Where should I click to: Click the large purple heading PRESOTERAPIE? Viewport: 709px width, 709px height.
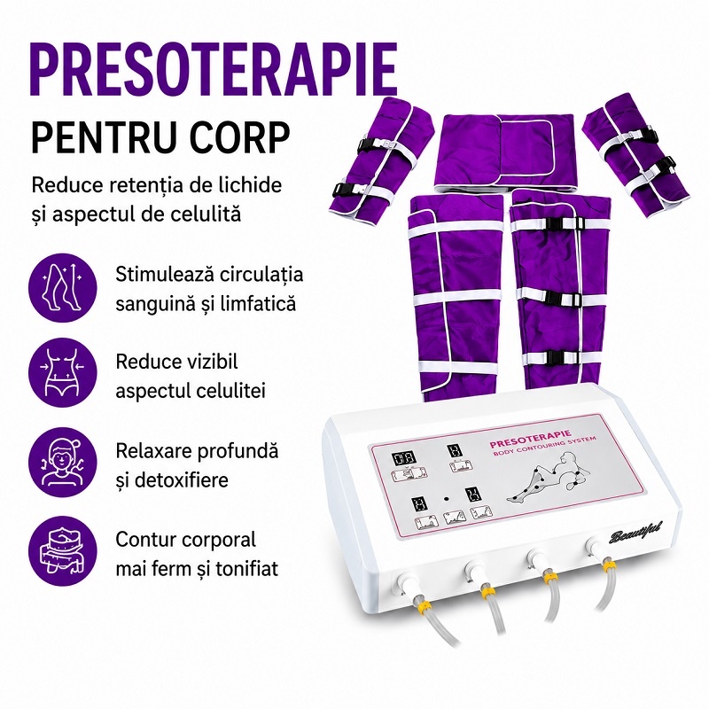pyautogui.click(x=214, y=69)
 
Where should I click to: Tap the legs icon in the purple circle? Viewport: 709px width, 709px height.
pyautogui.click(x=63, y=287)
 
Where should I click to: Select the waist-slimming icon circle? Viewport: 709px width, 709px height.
pyautogui.click(x=63, y=372)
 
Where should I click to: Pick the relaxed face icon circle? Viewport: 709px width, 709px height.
pyautogui.click(x=63, y=462)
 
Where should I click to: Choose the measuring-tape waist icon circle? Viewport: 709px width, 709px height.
pyautogui.click(x=63, y=551)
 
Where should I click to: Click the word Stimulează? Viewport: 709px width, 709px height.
pyautogui.click(x=164, y=274)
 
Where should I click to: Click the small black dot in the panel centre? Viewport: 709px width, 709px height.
pyautogui.click(x=447, y=498)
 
